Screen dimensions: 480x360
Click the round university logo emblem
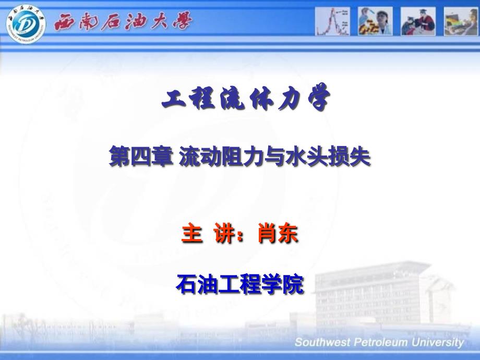tap(26, 24)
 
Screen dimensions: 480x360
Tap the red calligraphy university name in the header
tap(123, 21)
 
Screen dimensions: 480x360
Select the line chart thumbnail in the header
tap(332, 21)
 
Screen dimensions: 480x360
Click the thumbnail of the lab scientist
tap(375, 21)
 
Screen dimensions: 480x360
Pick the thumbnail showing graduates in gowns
tap(418, 21)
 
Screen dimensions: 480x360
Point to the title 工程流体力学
tap(246, 98)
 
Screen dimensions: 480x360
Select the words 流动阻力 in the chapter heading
tap(221, 157)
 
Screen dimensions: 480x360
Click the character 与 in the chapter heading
tap(274, 157)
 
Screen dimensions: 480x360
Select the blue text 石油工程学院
tap(241, 284)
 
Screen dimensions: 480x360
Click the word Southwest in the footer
tap(322, 342)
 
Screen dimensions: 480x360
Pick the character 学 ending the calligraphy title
tap(319, 97)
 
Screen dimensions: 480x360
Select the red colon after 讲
tap(241, 236)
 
